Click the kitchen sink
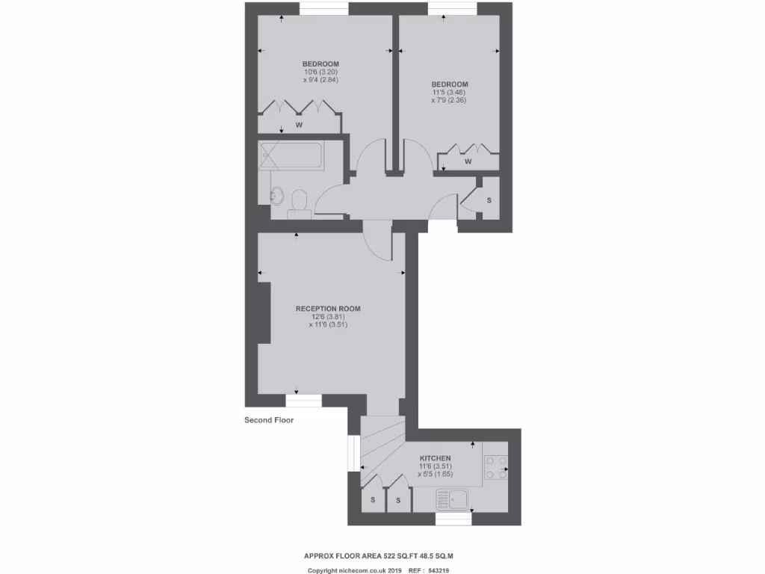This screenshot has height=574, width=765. (x=453, y=499)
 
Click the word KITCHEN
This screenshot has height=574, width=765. (x=435, y=458)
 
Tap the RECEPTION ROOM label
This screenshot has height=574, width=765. (x=328, y=309)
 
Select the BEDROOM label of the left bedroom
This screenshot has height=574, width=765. (x=320, y=64)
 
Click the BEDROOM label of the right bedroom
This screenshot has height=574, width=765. (x=449, y=84)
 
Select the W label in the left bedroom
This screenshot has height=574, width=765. (x=298, y=124)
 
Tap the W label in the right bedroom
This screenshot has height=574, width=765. (x=468, y=161)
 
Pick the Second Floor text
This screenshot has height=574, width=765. (x=269, y=420)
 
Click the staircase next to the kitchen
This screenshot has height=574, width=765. (x=381, y=445)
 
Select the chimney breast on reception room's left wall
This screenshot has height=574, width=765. (x=264, y=313)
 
